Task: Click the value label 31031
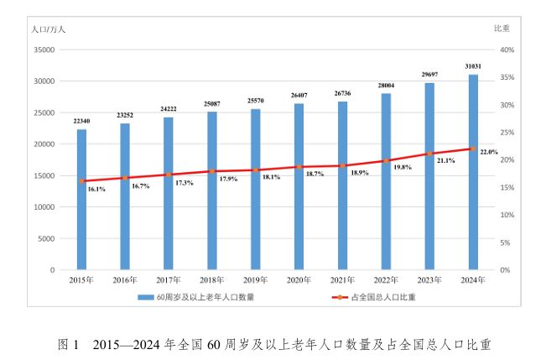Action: click(x=473, y=65)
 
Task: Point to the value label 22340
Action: click(x=81, y=121)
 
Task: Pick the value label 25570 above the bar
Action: click(x=255, y=101)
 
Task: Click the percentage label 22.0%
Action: click(x=489, y=152)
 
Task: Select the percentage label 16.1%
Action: click(x=96, y=190)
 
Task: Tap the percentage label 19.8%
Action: click(x=402, y=168)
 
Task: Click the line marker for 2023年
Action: click(x=429, y=154)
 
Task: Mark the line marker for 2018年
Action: click(x=211, y=171)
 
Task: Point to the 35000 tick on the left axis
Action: click(x=43, y=50)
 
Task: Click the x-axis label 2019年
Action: click(x=255, y=279)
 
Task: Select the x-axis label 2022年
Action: click(x=386, y=279)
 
